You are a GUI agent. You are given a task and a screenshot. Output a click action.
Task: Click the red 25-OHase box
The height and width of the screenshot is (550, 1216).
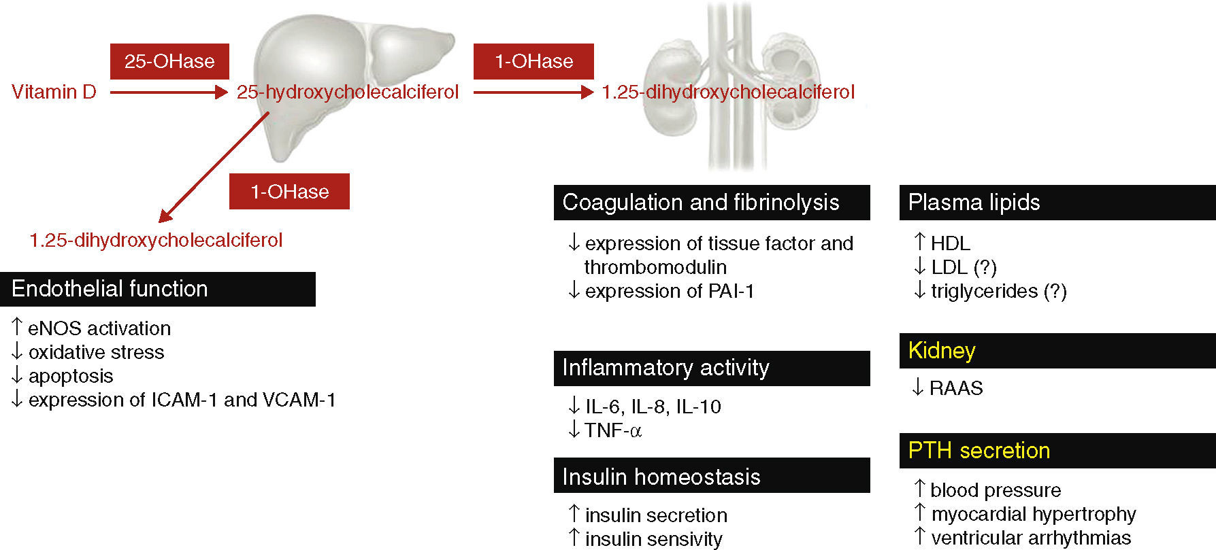coord(169,61)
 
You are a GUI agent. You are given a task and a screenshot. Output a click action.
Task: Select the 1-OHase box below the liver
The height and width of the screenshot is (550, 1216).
coord(289,191)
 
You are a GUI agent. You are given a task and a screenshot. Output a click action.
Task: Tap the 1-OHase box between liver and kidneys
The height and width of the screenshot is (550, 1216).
coord(533,61)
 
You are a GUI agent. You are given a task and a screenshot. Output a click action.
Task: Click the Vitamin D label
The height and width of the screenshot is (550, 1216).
coord(54,92)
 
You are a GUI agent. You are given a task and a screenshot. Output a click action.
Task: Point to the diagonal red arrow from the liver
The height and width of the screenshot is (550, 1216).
coord(214,167)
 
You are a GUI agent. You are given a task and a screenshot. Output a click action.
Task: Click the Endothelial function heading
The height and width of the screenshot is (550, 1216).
coord(110,289)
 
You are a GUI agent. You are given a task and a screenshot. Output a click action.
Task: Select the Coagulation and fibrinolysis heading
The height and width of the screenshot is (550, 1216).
coord(700,203)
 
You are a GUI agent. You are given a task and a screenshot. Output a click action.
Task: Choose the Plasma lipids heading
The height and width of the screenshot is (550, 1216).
coord(974,203)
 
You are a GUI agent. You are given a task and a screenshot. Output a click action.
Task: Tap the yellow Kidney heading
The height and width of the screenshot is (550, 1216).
coord(942,351)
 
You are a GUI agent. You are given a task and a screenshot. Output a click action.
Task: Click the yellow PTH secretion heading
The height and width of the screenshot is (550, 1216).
coord(979,451)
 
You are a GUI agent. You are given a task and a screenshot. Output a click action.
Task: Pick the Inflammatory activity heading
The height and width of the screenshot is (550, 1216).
coord(665,368)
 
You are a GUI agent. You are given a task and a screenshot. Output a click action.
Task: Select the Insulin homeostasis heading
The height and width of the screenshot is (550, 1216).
coord(661,477)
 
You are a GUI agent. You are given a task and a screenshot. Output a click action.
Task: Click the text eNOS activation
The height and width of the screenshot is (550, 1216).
coord(99,328)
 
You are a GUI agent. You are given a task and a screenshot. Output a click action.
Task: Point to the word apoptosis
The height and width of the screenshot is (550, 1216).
coord(71,376)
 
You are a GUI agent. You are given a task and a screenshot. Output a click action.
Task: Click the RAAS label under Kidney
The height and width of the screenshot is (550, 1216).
coord(956,388)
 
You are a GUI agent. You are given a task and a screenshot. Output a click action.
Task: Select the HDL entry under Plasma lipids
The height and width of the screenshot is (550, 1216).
coord(950,243)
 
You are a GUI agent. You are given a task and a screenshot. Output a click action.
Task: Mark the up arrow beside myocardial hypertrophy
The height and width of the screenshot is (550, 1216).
coord(920,513)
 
